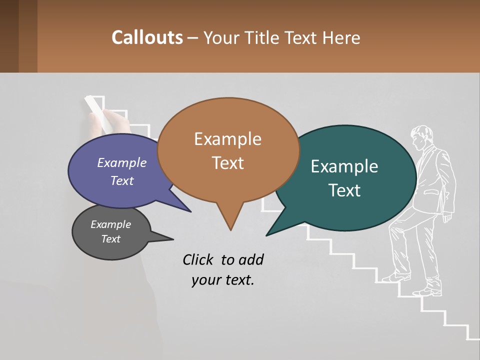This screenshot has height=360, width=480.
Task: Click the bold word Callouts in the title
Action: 147,37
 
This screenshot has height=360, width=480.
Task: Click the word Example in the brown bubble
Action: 227,139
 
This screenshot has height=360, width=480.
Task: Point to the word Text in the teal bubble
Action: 344,190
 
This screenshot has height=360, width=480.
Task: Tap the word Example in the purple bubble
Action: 121,162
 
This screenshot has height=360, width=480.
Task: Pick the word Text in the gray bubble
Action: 110,239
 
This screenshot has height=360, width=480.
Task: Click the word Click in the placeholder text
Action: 199,259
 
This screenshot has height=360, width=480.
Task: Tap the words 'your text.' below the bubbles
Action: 223,280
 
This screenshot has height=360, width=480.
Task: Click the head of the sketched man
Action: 422,137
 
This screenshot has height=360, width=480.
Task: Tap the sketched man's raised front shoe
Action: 395,276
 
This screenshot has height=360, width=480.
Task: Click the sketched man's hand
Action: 446,216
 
